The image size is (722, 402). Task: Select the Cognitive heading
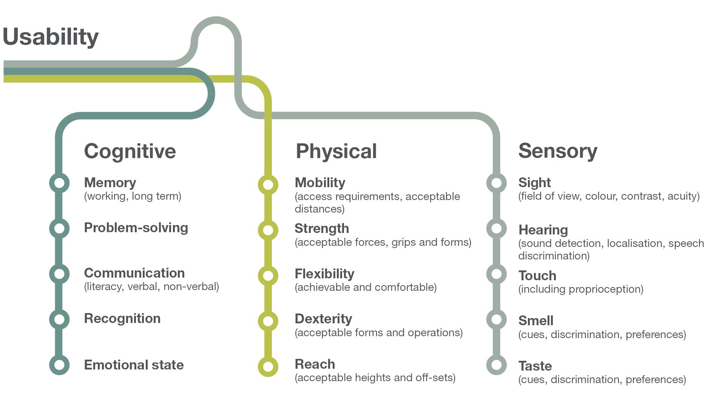pos(130,151)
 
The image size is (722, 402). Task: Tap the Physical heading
pos(336,151)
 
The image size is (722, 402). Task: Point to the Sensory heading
pos(557,151)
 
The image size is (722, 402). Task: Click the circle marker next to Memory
pos(59,183)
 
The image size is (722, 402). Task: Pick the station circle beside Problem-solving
pos(59,228)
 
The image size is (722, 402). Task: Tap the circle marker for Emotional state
pos(59,365)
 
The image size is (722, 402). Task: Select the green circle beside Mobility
pos(268,185)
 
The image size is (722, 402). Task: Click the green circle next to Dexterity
pos(268,321)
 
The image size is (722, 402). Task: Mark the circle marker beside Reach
pos(268,366)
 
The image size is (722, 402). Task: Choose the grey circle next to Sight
pos(496,183)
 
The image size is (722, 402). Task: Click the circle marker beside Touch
pos(496,274)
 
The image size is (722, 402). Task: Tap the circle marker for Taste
pos(496,365)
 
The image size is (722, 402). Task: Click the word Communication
pos(134,273)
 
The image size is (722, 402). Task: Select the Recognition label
pos(122,318)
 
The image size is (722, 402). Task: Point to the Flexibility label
pos(324,274)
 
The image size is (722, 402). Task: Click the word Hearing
pos(543,230)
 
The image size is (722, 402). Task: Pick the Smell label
pos(536,321)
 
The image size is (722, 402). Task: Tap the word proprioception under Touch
pos(606,289)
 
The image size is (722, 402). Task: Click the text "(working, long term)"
pos(133,196)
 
